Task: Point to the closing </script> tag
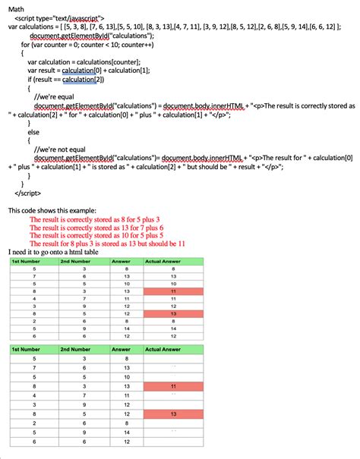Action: (x=27, y=193)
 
